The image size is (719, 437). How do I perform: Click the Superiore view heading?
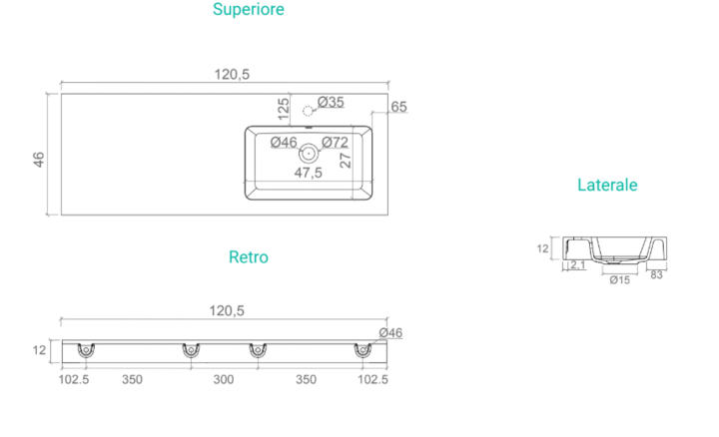click(248, 9)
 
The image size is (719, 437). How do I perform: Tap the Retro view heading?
click(248, 257)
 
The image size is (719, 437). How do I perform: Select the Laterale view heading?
click(607, 185)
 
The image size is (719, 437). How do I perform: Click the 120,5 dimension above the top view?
click(232, 74)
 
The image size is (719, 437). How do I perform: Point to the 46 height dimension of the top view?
click(39, 160)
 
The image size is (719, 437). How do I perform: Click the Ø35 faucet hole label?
click(331, 102)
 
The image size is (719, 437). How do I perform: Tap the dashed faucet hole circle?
click(309, 111)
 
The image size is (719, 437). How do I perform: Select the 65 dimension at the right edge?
click(398, 107)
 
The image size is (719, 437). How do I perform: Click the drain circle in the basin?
click(309, 154)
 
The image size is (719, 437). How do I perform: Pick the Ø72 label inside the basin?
click(336, 143)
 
